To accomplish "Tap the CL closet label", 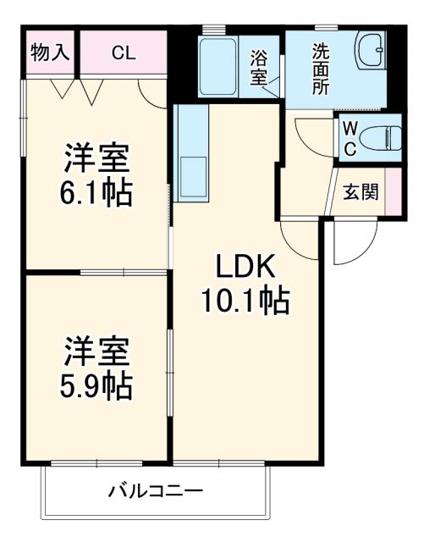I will pos(123,53).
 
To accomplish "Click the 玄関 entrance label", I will pos(359,192).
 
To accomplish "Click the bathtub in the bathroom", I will pos(222,67).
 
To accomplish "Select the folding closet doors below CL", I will pos(76,88).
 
